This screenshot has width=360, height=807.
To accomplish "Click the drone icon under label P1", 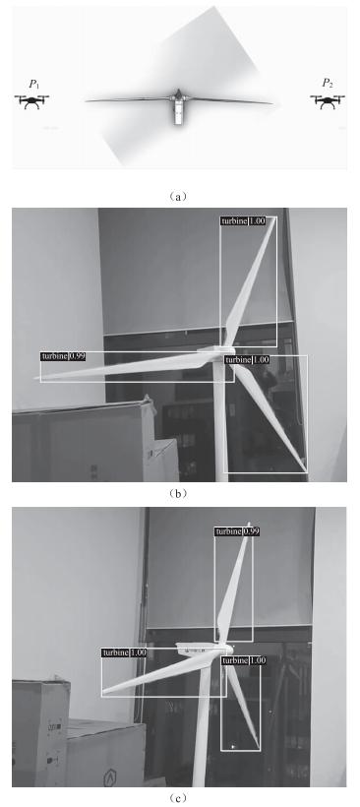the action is click(31, 100).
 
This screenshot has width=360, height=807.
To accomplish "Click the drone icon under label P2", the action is click(328, 100).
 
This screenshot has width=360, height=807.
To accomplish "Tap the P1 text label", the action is click(34, 84).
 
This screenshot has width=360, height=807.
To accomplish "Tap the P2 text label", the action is click(328, 84).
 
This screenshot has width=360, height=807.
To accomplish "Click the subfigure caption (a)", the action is click(177, 196).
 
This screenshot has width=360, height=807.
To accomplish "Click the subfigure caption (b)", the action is click(177, 493).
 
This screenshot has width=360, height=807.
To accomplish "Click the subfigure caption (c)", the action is click(177, 798).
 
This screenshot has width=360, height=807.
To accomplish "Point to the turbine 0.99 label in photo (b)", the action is click(63, 356).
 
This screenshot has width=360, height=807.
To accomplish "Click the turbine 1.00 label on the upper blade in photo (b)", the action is click(243, 220).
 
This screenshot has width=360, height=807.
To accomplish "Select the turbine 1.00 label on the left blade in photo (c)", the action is click(125, 652).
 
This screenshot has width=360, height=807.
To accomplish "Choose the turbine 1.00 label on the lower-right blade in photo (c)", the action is click(244, 660).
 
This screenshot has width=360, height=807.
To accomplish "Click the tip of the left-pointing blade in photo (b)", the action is click(36, 379).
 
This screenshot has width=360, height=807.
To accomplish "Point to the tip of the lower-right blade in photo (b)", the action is click(307, 470).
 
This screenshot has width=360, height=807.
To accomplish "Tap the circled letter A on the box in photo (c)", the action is click(109, 780).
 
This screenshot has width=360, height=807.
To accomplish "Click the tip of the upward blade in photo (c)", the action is click(249, 524).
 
